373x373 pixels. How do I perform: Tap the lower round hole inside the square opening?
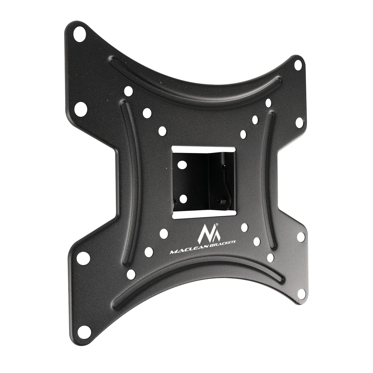(183, 199)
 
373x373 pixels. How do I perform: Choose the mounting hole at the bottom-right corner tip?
(301, 294)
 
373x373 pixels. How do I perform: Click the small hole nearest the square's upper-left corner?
(163, 131)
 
